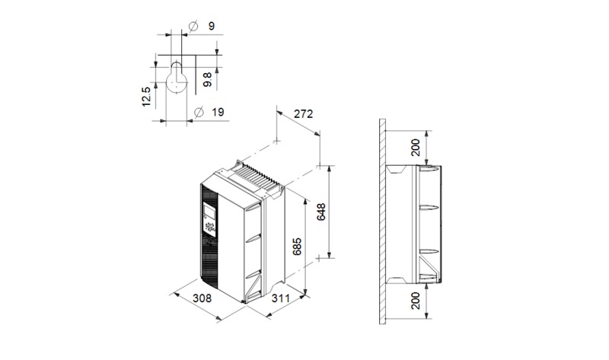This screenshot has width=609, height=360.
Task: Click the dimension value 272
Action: tap(303, 114)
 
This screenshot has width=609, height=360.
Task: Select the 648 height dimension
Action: tap(321, 212)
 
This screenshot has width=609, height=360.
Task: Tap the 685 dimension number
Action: tap(297, 247)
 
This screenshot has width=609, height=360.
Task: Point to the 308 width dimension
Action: tap(202, 298)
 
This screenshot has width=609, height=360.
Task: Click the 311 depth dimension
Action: tap(280, 298)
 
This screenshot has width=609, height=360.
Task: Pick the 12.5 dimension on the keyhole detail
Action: tap(146, 97)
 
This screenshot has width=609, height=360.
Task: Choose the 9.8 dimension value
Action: tap(207, 80)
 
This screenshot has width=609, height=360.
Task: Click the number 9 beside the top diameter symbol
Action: tap(212, 26)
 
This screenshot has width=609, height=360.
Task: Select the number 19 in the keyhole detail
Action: tap(218, 112)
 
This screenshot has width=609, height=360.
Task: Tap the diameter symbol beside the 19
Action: tap(199, 112)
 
